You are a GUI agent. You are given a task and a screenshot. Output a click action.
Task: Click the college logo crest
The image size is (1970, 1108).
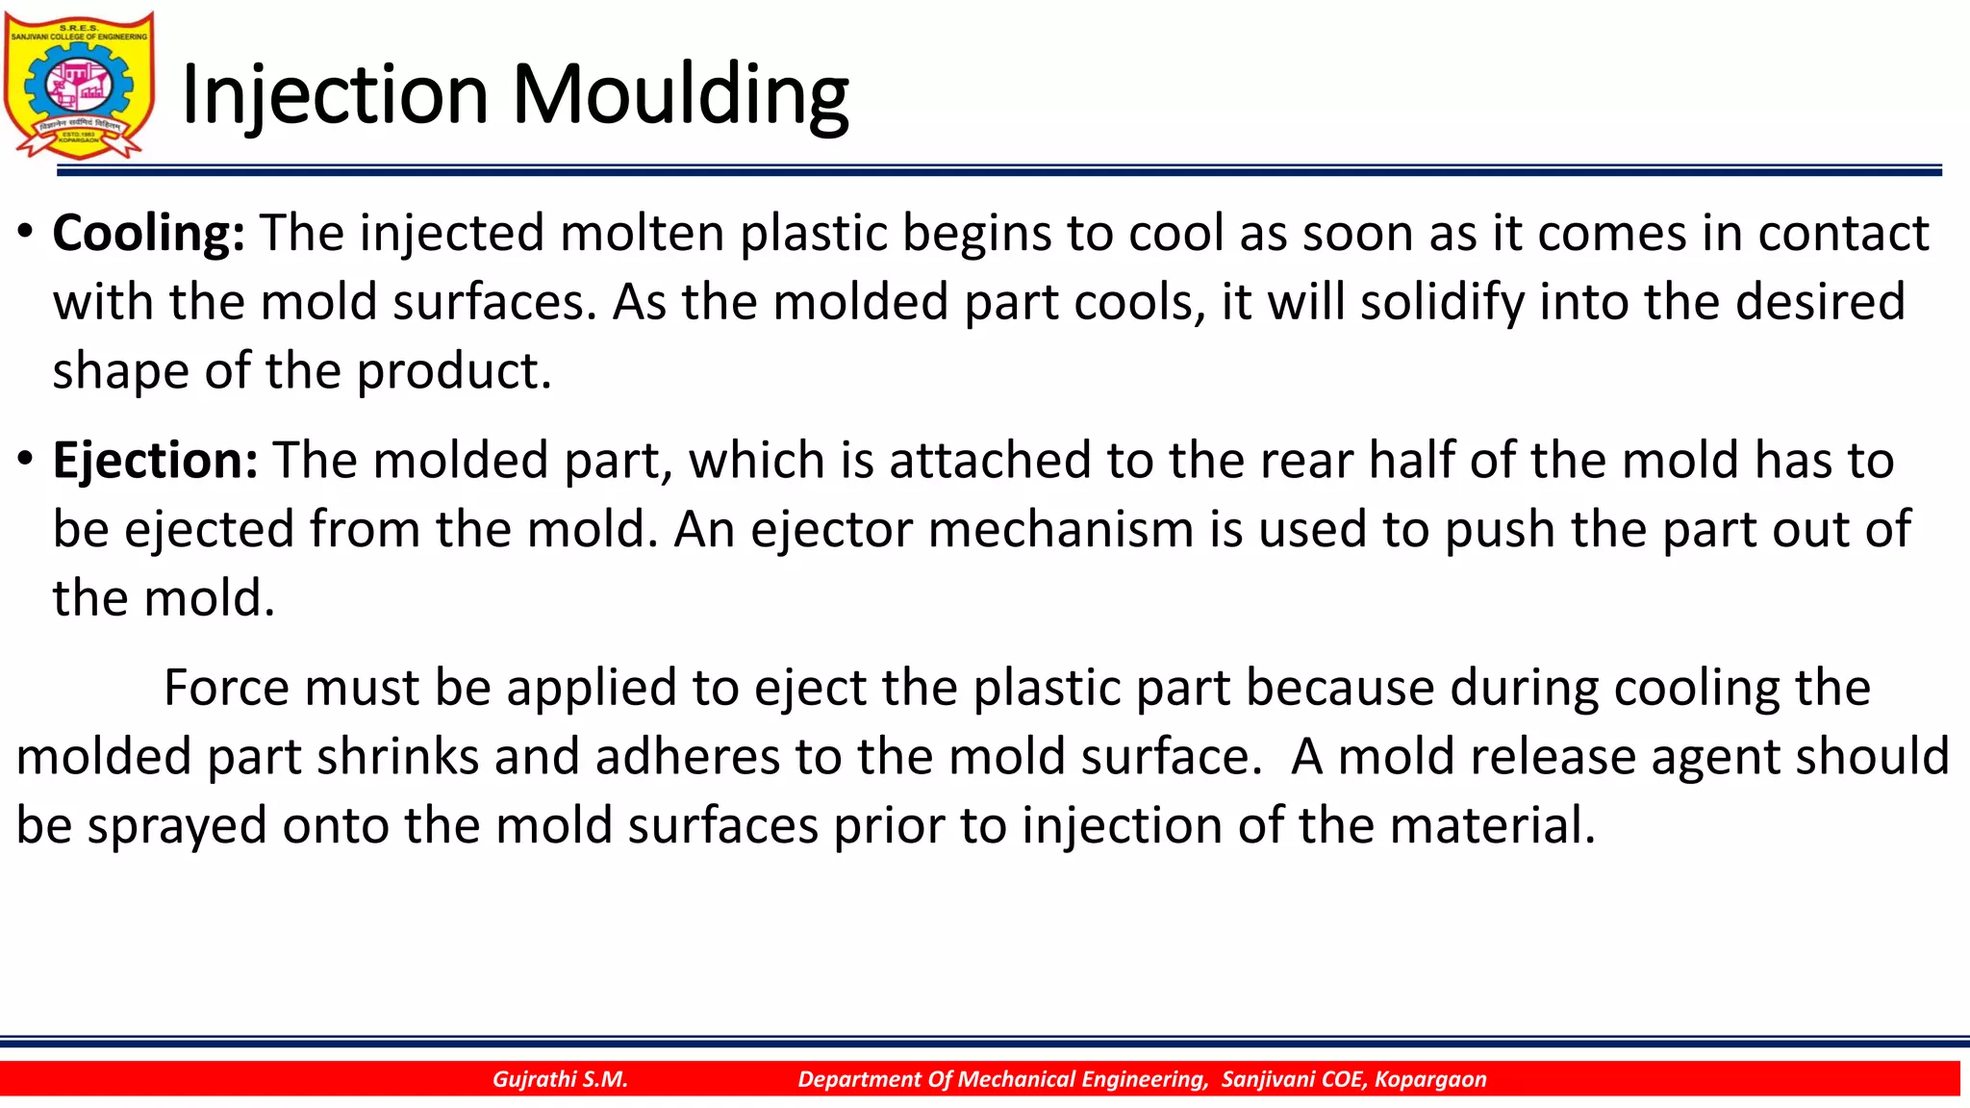click(79, 85)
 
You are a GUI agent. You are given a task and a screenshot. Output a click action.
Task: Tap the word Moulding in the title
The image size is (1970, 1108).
click(680, 95)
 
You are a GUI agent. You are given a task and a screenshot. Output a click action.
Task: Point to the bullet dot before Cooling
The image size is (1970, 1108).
click(26, 232)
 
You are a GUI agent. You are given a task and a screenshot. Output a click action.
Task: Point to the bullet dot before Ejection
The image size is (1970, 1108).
click(26, 459)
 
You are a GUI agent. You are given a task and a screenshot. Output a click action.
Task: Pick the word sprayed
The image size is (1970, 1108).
click(177, 826)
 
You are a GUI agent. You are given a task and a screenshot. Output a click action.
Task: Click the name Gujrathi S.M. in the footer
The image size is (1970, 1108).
click(560, 1079)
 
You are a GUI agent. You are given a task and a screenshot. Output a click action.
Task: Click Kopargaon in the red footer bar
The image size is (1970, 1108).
click(1430, 1079)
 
